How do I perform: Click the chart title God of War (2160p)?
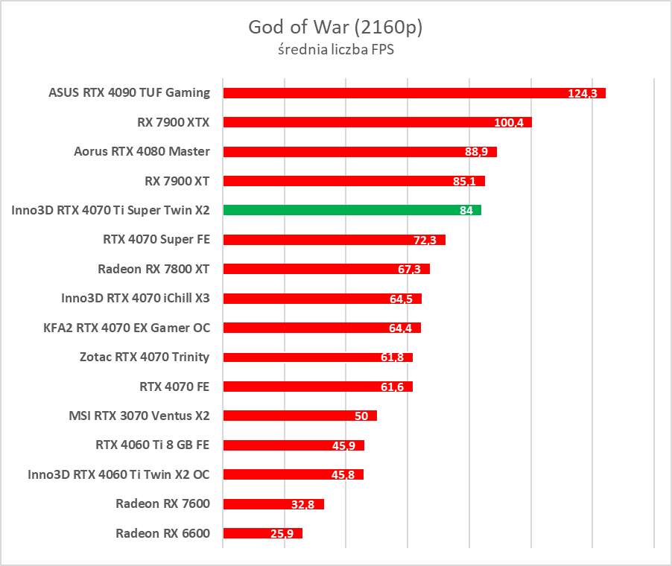[335, 28]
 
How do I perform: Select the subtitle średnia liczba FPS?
[335, 51]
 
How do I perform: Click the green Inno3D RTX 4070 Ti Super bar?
[352, 210]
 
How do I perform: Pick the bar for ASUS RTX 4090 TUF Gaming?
[413, 93]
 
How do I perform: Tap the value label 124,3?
[583, 94]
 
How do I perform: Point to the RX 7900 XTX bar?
[377, 122]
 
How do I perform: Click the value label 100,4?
[509, 123]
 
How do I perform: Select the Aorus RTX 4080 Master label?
[142, 151]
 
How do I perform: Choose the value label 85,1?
[469, 182]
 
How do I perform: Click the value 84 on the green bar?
[466, 211]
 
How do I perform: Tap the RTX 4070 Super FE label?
[156, 239]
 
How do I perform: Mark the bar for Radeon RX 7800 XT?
[326, 269]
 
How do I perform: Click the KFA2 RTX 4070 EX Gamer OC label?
[127, 328]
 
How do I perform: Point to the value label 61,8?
[392, 358]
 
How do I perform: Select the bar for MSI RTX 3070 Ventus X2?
[299, 416]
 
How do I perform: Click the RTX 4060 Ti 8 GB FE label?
[152, 445]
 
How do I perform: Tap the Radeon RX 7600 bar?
[273, 504]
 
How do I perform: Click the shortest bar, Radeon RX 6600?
[262, 533]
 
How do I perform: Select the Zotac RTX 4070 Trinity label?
[144, 357]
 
